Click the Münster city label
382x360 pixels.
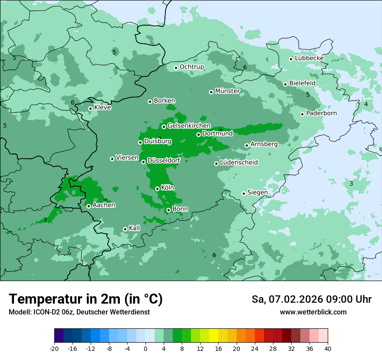click(227, 91)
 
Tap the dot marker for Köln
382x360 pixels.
click(157, 189)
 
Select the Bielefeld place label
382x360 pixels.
click(302, 83)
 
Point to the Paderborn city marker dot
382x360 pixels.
click(302, 114)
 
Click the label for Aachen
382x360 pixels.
click(104, 205)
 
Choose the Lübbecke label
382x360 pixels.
click(309, 58)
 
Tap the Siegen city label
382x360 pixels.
click(257, 193)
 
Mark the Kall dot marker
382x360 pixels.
click(125, 229)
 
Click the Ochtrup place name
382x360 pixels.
click(191, 67)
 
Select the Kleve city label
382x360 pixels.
click(102, 108)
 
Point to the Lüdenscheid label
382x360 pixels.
click(239, 163)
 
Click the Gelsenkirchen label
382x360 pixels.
click(189, 126)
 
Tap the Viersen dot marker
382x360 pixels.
click(112, 159)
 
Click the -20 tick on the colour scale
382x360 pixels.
click(54, 348)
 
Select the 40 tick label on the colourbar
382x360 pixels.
click(328, 348)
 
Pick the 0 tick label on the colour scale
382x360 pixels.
click(145, 348)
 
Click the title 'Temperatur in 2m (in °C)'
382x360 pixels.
click(86, 299)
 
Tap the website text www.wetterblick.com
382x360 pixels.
click(313, 312)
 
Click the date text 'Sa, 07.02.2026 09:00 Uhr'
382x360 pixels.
click(311, 299)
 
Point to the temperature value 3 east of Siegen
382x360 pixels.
click(351, 183)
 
